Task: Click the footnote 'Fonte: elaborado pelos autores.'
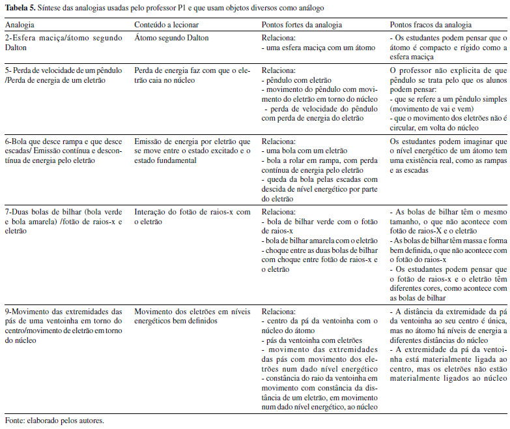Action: (54, 420)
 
